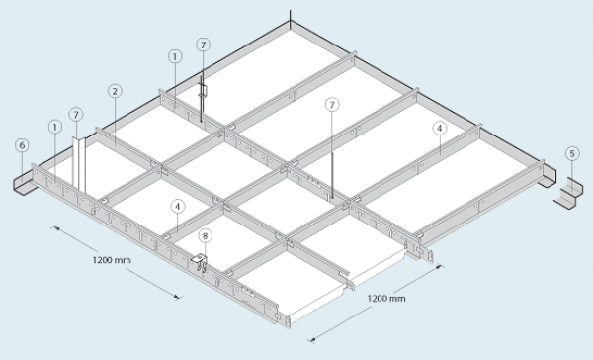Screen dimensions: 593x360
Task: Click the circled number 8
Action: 205,236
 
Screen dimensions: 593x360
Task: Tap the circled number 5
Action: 572,153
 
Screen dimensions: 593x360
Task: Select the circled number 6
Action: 23,145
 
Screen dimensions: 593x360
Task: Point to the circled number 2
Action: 115,91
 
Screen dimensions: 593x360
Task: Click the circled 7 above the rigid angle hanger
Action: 76,115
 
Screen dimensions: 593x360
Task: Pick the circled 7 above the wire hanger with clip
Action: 203,45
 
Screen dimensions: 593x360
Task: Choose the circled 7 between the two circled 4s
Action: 332,105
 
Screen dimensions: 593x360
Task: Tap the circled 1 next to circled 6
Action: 55,127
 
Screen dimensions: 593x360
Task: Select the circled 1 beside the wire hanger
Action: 175,56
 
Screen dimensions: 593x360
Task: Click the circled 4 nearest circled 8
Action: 178,207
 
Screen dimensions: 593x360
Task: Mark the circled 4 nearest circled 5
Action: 440,129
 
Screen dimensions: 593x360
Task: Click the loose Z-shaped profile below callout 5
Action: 568,194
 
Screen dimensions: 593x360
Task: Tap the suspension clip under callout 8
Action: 200,262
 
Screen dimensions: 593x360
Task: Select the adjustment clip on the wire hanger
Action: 204,92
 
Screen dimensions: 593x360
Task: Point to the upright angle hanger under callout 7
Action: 79,164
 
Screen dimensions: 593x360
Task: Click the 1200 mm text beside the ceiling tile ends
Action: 386,299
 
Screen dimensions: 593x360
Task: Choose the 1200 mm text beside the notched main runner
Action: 112,260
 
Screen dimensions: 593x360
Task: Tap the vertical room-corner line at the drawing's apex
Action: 290,16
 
